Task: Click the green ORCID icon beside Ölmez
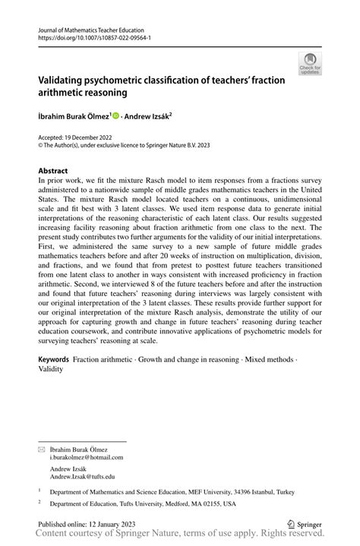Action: tap(116, 115)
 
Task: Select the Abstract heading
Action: tap(53, 171)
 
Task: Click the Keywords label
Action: tap(54, 357)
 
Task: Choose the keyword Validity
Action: tap(52, 368)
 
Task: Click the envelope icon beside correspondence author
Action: tap(42, 448)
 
